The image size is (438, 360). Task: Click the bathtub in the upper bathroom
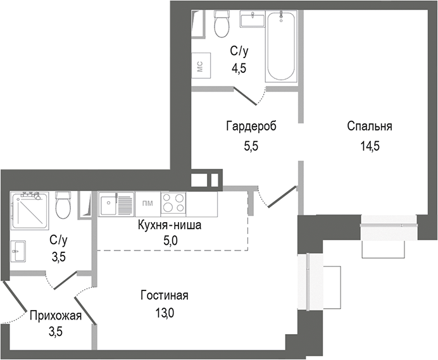tap(282, 47)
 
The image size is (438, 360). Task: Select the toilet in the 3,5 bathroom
tap(63, 206)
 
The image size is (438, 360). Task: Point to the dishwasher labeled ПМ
tap(147, 203)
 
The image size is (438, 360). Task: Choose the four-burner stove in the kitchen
tap(173, 203)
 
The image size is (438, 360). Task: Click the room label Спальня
tap(369, 126)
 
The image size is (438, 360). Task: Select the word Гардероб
tap(251, 126)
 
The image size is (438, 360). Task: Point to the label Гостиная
tap(165, 295)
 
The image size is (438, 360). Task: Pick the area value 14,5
tap(369, 146)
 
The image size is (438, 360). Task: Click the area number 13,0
tap(165, 312)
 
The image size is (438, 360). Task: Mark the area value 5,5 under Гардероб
tap(251, 145)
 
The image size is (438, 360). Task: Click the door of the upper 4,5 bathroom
tap(248, 96)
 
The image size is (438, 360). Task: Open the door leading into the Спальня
tap(281, 196)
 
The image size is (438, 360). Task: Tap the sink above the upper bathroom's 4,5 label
tap(253, 21)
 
